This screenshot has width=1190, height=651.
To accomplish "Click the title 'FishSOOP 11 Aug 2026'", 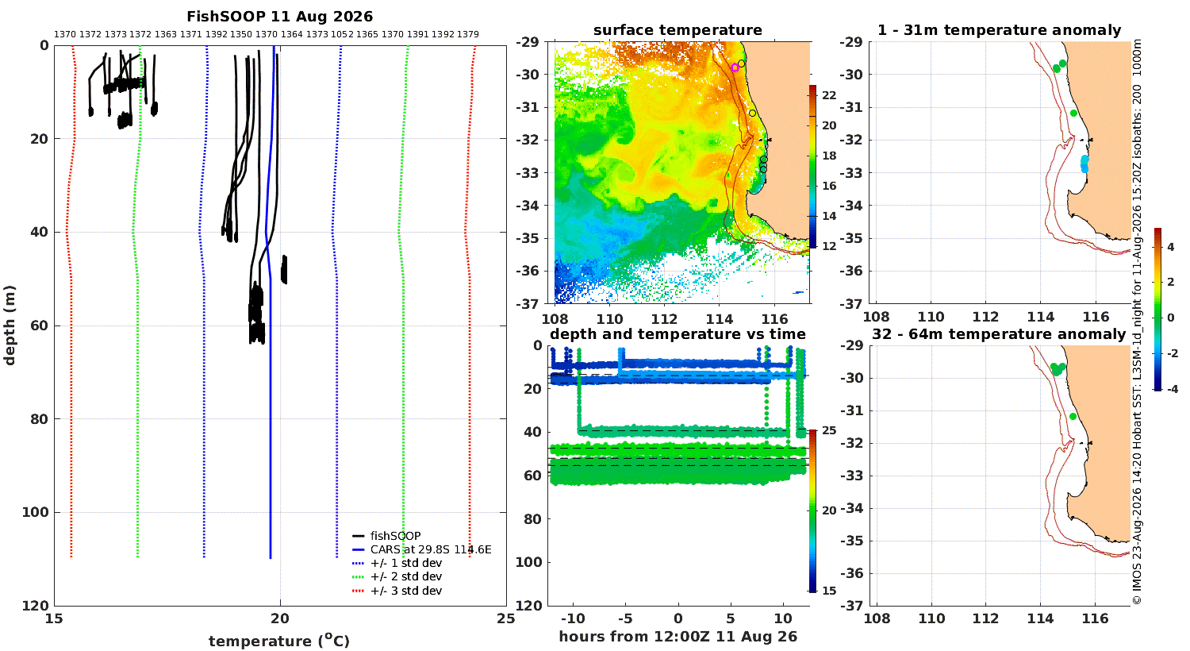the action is [279, 17].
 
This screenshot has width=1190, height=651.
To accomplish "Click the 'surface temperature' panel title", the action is [678, 30].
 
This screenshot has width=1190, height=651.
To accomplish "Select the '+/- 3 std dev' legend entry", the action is [397, 591].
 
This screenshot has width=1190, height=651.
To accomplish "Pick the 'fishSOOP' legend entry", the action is [387, 536].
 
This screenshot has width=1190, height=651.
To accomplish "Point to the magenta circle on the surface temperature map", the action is [735, 67].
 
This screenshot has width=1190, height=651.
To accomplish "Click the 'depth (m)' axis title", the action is [10, 325].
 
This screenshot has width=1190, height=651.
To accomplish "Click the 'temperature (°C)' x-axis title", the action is [279, 641].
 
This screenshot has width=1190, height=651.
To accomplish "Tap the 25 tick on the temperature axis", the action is [506, 618].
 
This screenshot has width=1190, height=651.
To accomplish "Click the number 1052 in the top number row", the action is [342, 35].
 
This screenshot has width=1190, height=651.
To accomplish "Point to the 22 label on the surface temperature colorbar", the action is [829, 95].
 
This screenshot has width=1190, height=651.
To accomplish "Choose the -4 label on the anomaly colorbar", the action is [1172, 389].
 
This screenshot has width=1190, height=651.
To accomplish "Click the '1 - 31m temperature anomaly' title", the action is [999, 30].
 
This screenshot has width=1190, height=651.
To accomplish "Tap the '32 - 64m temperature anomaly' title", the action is [999, 334].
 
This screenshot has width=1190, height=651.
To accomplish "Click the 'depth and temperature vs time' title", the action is [678, 334].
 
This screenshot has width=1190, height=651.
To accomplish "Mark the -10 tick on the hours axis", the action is [572, 618].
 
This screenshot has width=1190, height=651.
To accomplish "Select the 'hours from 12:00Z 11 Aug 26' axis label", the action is [678, 636].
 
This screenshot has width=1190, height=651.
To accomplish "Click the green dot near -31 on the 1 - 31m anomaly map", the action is [1073, 114].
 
